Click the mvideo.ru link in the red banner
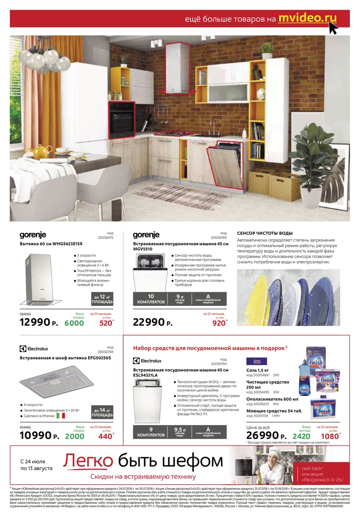click(307, 18)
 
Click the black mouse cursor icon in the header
click(333, 28)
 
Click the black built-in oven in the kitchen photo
click(122, 120)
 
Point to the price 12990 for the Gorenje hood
click(35, 322)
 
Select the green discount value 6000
click(74, 323)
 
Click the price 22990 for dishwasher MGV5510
click(149, 322)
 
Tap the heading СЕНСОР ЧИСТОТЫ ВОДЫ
click(265, 233)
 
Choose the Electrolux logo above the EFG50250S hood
click(34, 349)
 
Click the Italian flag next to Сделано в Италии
click(61, 416)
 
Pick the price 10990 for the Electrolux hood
click(35, 435)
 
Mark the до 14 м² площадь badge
click(102, 413)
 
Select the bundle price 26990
click(262, 436)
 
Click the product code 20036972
click(105, 238)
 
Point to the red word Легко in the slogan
click(88, 461)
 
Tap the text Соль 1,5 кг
click(257, 370)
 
